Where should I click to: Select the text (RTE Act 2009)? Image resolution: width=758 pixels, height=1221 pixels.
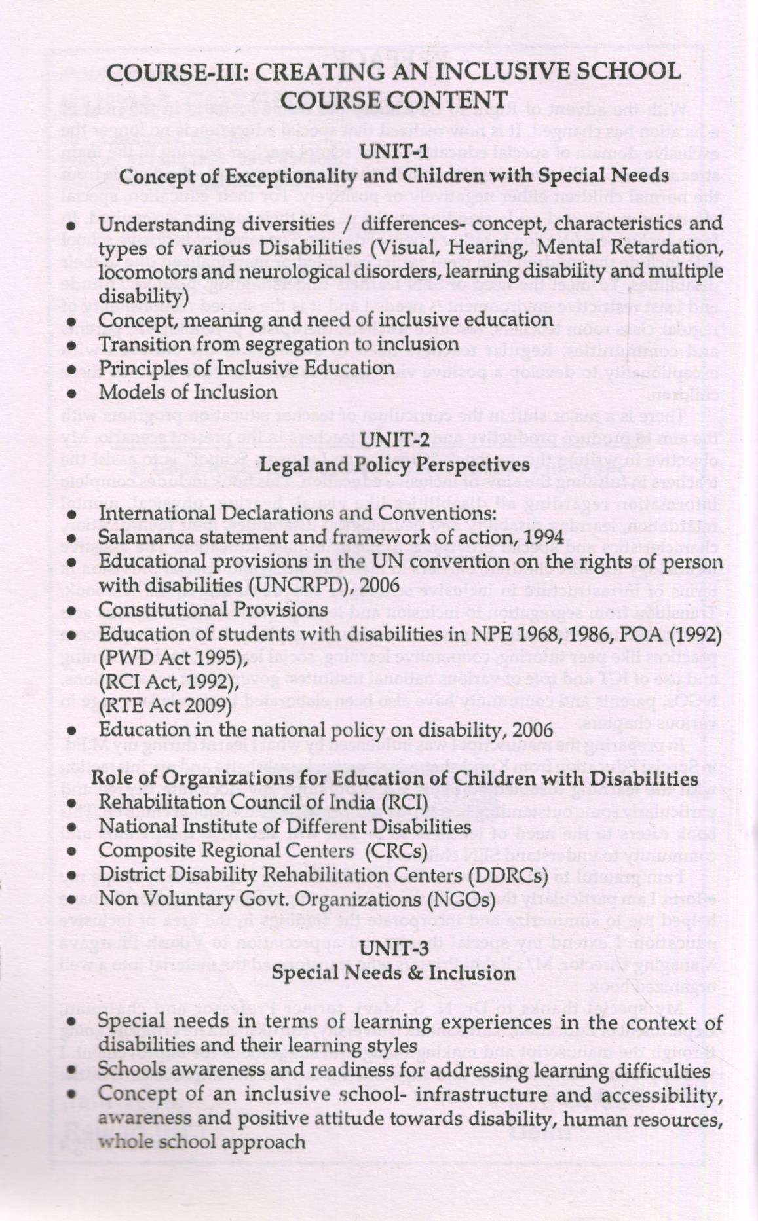coord(164,705)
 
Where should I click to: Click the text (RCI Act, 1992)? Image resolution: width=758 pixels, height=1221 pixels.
coord(167,682)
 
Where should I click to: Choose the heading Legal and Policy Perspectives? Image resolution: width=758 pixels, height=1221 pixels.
coord(394,464)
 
